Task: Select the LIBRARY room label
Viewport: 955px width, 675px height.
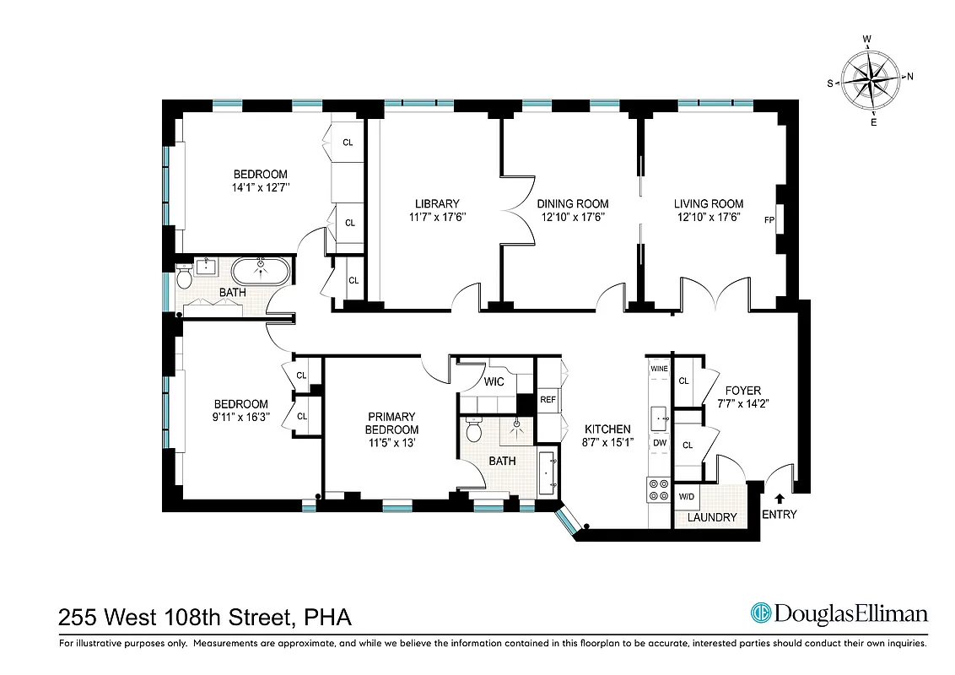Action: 436,203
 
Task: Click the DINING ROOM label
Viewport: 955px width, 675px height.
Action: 573,203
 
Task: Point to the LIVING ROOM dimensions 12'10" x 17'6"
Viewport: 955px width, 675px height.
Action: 708,217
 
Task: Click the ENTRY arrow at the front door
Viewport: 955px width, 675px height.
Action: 778,499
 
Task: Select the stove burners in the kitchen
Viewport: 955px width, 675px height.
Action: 657,489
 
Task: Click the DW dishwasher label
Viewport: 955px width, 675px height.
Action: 659,443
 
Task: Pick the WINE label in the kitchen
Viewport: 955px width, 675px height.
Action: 659,370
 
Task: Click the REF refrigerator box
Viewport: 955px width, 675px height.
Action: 548,400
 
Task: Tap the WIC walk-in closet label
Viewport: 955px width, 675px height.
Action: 494,382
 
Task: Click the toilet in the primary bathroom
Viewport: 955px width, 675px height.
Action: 474,431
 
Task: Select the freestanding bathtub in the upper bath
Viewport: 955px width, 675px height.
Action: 261,272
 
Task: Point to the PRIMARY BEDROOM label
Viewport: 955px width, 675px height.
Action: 391,423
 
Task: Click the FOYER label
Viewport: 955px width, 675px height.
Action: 742,391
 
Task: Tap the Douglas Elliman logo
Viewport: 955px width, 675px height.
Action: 839,614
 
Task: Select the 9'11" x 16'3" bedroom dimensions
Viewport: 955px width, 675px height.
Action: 240,417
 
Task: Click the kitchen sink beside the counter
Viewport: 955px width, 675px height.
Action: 659,418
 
